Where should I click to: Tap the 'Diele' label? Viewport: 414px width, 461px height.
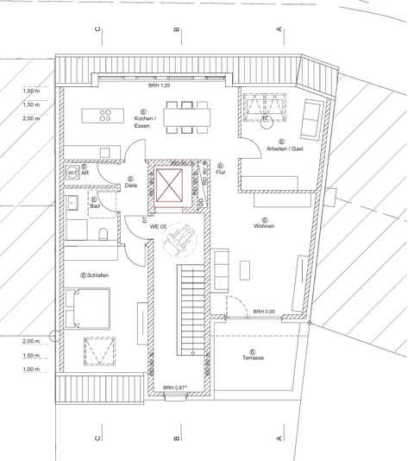point(131,185)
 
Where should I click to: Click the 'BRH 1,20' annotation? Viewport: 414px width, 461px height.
point(160,87)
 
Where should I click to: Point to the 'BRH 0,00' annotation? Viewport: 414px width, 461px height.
point(264,311)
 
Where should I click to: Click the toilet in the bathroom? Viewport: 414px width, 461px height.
point(102,235)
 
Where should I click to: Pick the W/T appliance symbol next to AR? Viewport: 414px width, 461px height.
point(72,173)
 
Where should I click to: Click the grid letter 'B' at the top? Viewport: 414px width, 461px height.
point(176,33)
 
